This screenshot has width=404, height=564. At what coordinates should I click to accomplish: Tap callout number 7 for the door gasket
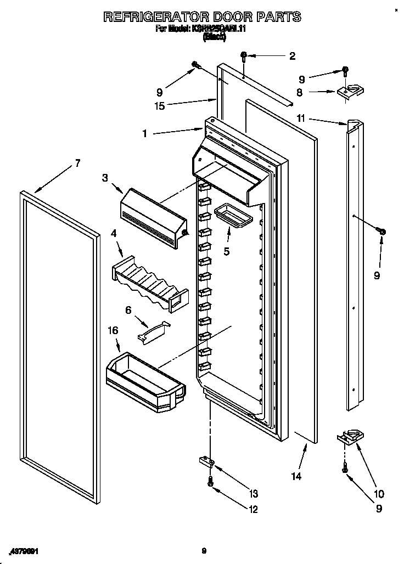[x=77, y=163]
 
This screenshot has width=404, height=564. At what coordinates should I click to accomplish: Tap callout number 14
[x=296, y=476]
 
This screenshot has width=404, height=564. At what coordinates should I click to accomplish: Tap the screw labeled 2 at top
[x=245, y=55]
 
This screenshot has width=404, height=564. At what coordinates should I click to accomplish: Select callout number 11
[x=301, y=118]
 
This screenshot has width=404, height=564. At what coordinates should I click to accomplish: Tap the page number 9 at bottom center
[x=204, y=551]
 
